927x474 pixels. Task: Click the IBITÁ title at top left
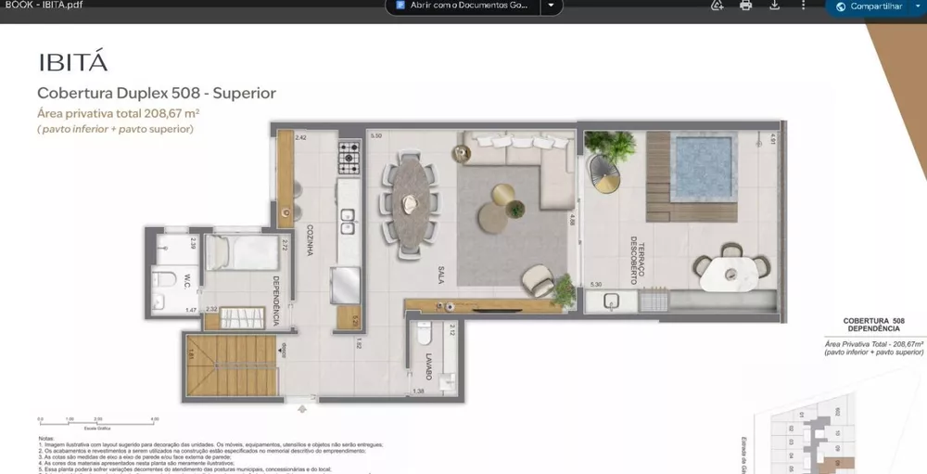[x=73, y=62]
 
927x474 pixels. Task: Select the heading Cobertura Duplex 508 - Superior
[x=156, y=94]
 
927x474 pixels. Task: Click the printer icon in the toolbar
[x=745, y=6]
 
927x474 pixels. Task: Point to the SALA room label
[x=443, y=273]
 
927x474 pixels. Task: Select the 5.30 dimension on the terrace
[x=597, y=285]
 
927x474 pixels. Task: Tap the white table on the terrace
[x=731, y=273]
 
